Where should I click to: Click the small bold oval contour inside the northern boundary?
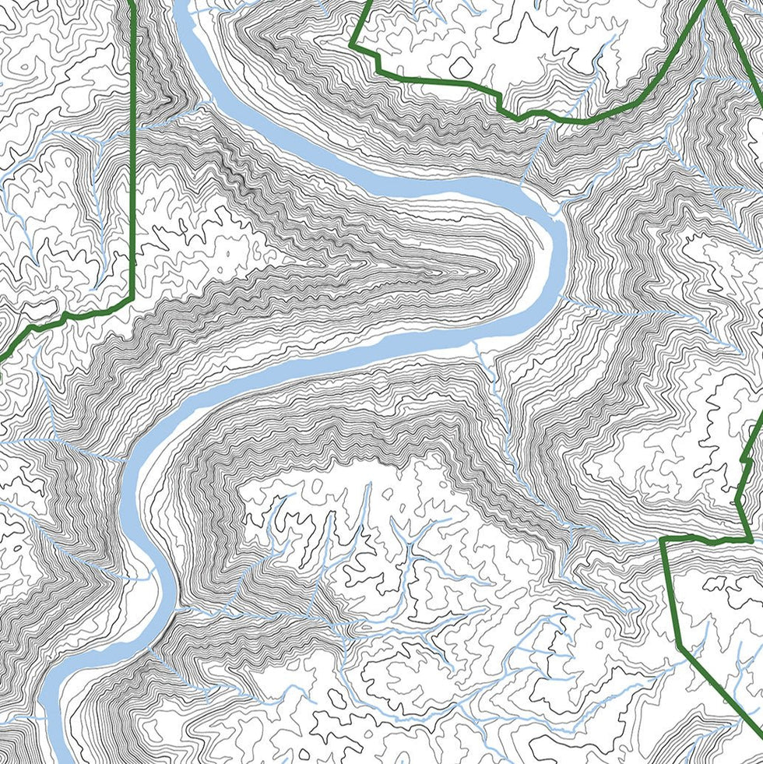click(x=460, y=67)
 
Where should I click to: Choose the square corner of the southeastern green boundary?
click(x=662, y=539)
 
